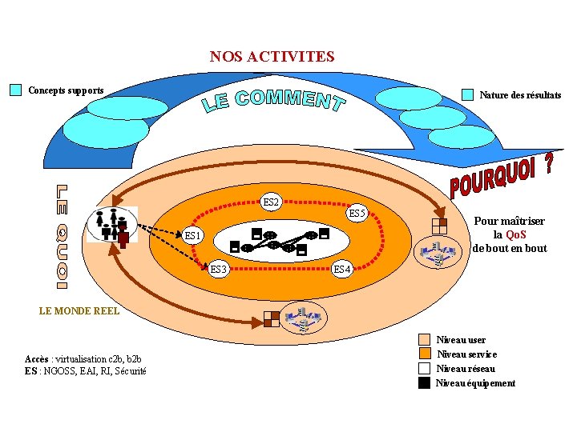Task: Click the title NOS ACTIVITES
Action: (272, 57)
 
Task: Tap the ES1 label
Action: (193, 236)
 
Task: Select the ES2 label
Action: (271, 202)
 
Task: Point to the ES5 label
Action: (357, 214)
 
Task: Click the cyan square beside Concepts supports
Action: (15, 90)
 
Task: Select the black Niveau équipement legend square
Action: (425, 383)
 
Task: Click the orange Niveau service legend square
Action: (425, 354)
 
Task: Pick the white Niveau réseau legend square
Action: (425, 369)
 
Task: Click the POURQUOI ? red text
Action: (501, 177)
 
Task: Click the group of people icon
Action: (111, 225)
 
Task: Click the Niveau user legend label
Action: (461, 340)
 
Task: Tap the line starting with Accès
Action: (83, 359)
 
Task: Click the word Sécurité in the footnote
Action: (130, 370)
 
